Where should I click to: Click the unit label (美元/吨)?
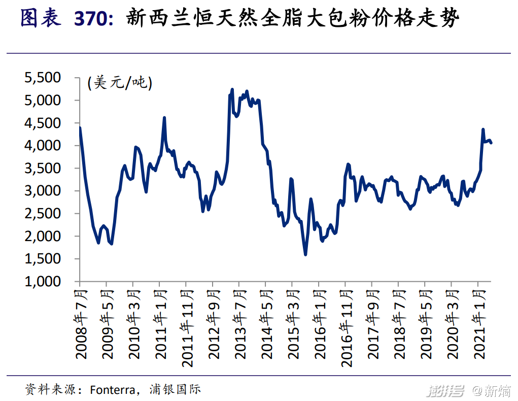coord(120,82)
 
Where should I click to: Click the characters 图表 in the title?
coord(41,19)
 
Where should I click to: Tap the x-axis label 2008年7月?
coord(82,324)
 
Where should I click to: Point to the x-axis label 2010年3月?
coord(134,324)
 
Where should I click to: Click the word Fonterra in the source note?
coord(112,390)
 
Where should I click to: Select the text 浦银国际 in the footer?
coord(175,389)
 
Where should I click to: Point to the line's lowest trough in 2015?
coord(305,254)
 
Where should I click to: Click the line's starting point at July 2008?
coord(80,128)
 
